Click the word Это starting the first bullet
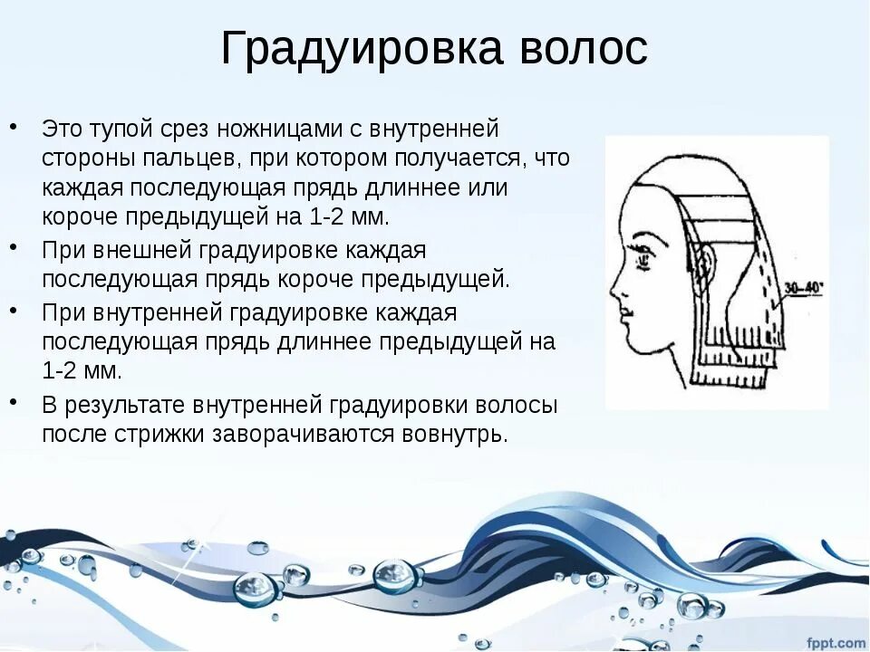click(61, 129)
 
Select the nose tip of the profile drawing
click(612, 292)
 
